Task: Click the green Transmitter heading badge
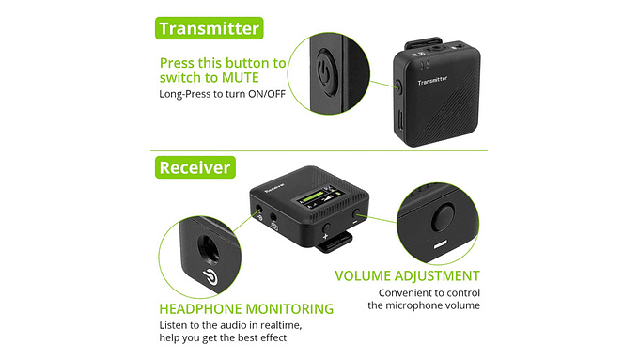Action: pyautogui.click(x=209, y=28)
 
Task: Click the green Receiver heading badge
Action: pyautogui.click(x=195, y=167)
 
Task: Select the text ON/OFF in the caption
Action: pyautogui.click(x=266, y=95)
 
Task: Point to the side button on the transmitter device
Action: pyautogui.click(x=398, y=86)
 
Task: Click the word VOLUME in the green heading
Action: pyautogui.click(x=365, y=276)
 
